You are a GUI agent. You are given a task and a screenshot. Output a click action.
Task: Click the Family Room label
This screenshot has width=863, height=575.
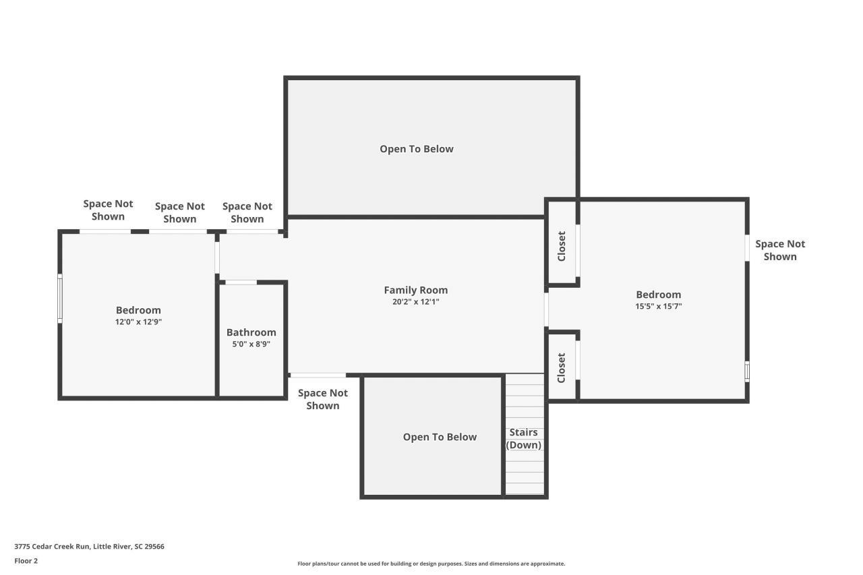(x=415, y=290)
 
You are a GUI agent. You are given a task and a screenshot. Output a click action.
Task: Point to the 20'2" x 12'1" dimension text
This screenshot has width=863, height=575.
(x=415, y=302)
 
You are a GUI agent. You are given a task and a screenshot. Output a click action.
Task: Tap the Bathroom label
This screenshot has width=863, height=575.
(x=251, y=332)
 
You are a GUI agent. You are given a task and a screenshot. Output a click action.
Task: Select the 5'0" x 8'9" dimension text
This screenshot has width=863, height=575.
(x=251, y=344)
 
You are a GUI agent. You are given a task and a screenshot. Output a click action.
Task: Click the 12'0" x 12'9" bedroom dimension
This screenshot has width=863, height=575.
(x=138, y=322)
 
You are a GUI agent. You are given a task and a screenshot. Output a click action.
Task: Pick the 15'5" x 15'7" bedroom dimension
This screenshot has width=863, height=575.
(x=658, y=306)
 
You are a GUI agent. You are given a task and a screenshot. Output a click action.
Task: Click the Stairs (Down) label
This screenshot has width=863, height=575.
(x=524, y=439)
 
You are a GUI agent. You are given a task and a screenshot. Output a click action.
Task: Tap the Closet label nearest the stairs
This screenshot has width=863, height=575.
(x=562, y=367)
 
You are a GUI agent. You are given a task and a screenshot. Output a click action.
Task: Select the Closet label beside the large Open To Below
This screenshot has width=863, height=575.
(x=562, y=247)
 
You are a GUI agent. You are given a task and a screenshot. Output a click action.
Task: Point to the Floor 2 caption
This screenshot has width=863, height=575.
(x=26, y=561)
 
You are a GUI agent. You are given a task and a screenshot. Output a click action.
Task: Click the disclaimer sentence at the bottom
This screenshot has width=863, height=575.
(x=431, y=564)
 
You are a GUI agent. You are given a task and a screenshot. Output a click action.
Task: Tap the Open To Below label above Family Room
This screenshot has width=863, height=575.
(x=416, y=149)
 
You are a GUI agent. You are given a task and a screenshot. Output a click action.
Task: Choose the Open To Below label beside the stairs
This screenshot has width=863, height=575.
(x=440, y=437)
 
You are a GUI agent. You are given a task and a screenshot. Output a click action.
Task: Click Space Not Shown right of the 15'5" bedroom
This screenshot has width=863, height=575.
(x=780, y=250)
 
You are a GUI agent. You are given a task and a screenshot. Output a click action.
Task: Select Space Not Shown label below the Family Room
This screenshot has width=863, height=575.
(x=322, y=399)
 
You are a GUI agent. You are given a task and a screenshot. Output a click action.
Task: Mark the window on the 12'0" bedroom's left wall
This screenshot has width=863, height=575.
(x=60, y=299)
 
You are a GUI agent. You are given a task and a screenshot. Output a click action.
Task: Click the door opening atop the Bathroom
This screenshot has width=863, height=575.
(x=241, y=282)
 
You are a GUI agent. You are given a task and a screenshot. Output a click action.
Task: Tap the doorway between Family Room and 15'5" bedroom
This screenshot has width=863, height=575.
(x=546, y=309)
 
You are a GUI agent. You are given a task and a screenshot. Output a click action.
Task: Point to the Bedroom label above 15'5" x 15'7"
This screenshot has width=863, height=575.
(x=658, y=295)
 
